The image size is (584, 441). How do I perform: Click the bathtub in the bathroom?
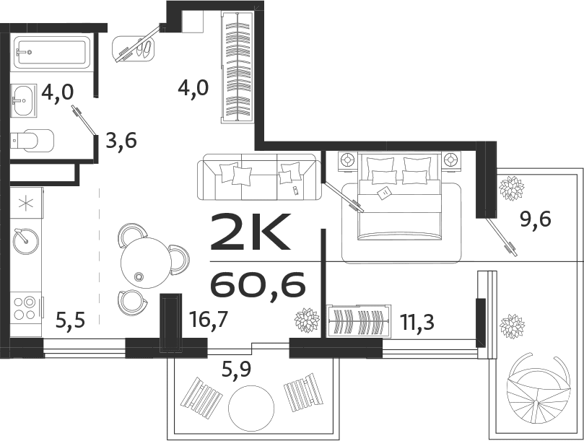tap(51, 53)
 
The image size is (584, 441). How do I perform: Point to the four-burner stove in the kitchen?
tap(25, 307)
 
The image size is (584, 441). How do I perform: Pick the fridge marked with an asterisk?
tap(26, 203)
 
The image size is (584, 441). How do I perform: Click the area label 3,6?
tap(121, 140)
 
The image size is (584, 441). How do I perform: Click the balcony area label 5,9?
tap(237, 372)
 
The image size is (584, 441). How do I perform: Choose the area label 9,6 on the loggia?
tap(535, 219)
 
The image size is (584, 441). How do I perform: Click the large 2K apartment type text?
tap(249, 232)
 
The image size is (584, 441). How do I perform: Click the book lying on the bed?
tap(384, 193)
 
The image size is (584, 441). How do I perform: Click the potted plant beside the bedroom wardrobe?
tap(307, 320)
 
